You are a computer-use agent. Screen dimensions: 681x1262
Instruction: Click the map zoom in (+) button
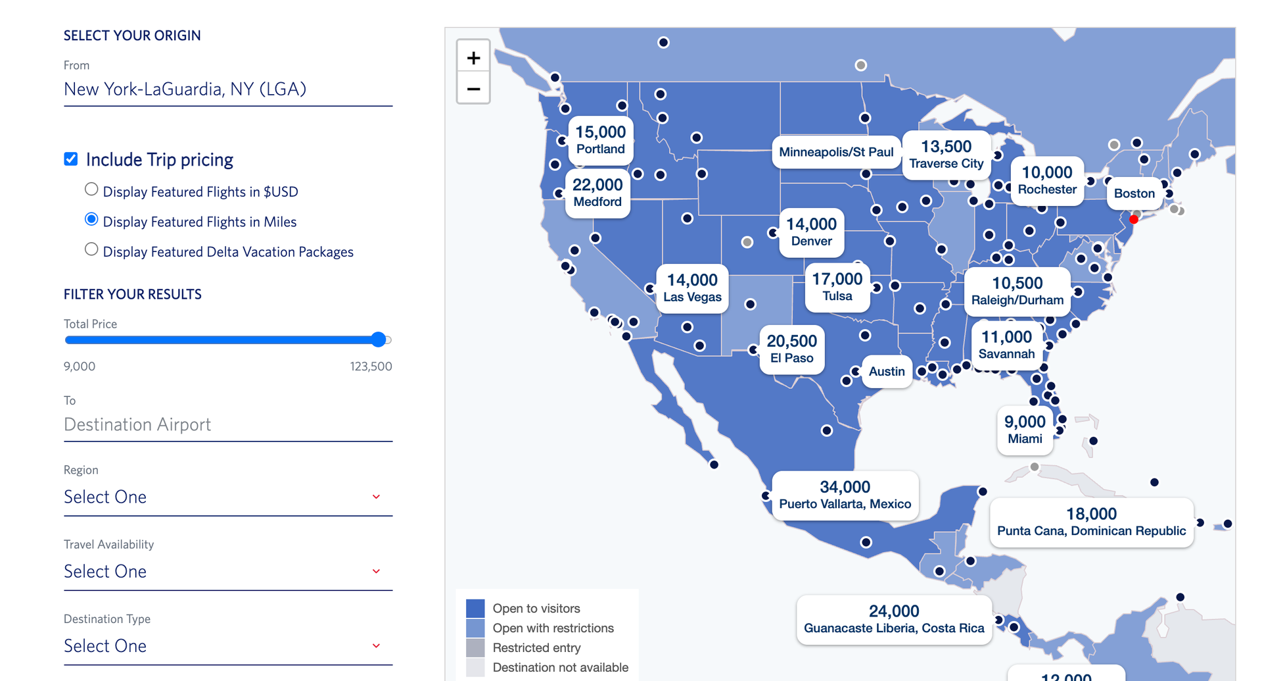[473, 58]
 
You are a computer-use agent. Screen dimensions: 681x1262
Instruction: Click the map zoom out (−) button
[473, 89]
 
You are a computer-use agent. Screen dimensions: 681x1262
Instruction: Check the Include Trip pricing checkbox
[71, 159]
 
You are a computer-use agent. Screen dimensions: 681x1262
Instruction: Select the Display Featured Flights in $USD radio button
[91, 189]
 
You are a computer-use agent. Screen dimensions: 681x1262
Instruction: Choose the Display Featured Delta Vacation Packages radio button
[91, 249]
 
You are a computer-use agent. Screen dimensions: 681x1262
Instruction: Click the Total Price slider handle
[378, 340]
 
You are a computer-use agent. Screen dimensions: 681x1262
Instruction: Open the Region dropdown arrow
[376, 497]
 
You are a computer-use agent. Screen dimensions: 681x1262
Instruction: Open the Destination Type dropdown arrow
[376, 645]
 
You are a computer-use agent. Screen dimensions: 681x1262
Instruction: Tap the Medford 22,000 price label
[597, 192]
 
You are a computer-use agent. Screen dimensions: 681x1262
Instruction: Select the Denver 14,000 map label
[811, 232]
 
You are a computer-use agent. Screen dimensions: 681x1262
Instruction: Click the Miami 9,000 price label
[1025, 429]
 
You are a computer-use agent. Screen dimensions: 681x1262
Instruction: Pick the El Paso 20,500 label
[791, 349]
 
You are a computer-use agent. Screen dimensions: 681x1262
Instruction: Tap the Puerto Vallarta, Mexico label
[845, 495]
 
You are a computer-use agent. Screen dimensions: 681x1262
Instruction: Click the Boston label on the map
[1134, 193]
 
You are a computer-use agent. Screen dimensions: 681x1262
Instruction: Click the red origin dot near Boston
[1134, 219]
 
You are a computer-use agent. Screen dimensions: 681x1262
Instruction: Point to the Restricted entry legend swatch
[475, 647]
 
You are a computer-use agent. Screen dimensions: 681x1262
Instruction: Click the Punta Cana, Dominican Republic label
[1091, 522]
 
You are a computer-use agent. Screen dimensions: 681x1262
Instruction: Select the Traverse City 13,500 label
[946, 154]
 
